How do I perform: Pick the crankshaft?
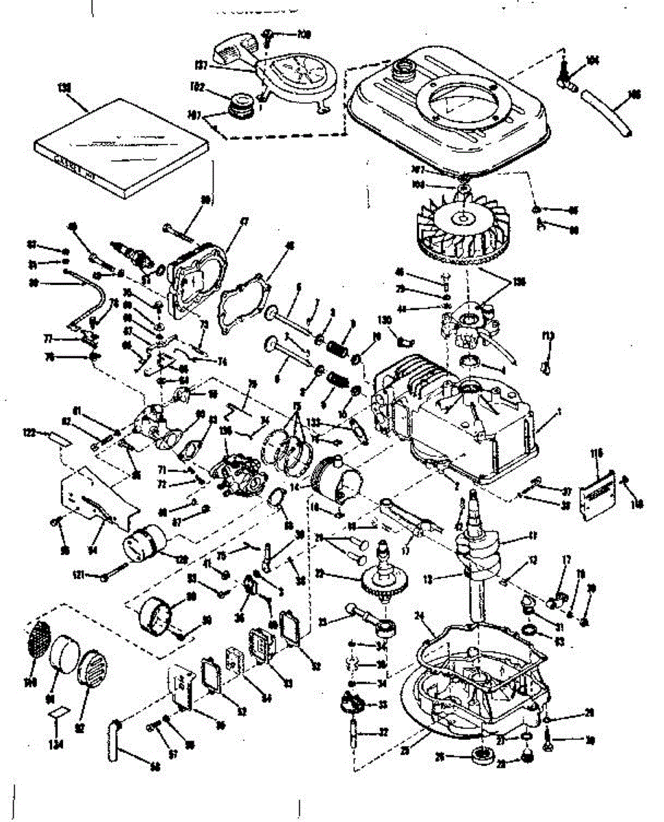click(x=479, y=548)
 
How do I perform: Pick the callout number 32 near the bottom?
click(x=383, y=732)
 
